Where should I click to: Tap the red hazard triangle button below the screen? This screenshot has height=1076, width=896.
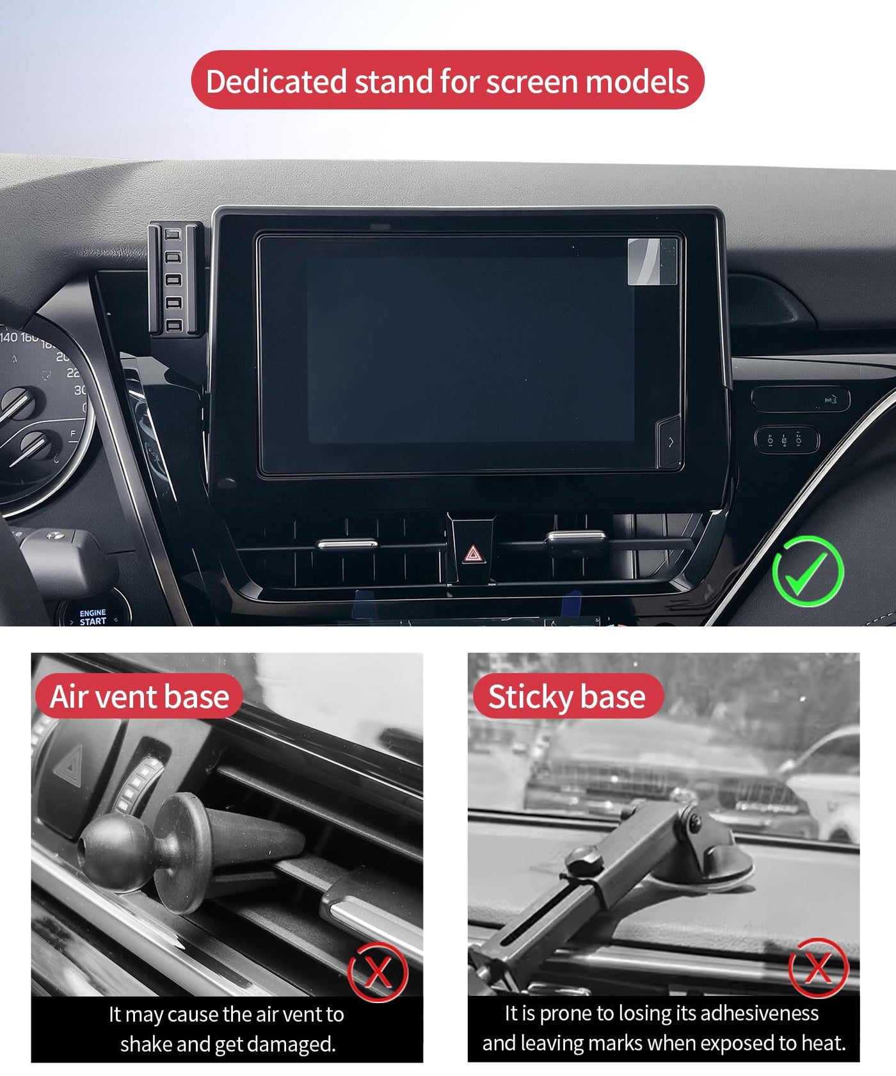pos(472,553)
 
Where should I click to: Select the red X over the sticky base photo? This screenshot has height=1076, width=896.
pos(819,967)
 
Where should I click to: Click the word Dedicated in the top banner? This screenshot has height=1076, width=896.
pos(276,81)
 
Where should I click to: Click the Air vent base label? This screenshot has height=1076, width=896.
pos(140,696)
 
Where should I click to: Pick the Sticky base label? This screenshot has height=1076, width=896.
pos(567,696)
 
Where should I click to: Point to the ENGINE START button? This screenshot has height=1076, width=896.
pos(93,617)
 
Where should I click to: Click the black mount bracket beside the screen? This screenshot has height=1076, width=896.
pos(175,279)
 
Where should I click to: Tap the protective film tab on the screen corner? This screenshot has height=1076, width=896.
pos(652,261)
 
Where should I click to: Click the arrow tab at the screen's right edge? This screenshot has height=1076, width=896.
pos(669,442)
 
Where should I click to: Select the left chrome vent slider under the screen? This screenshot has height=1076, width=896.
pos(348,544)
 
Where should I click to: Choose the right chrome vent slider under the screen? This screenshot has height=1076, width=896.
pos(577,537)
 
